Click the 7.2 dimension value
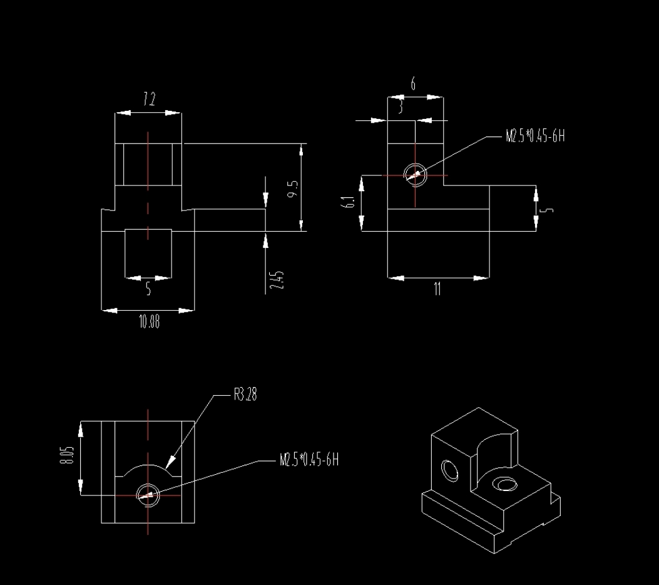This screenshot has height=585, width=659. pyautogui.click(x=149, y=99)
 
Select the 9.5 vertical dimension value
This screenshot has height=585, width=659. pyautogui.click(x=293, y=188)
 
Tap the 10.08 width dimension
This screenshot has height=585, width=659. pyautogui.click(x=149, y=323)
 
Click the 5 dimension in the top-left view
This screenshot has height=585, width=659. pyautogui.click(x=148, y=289)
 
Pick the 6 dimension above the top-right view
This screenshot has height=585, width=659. pyautogui.click(x=413, y=84)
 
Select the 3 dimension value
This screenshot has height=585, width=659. pyautogui.click(x=400, y=108)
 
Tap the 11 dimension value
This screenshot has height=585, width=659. pyautogui.click(x=437, y=289)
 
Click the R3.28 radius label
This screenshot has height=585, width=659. pyautogui.click(x=245, y=395)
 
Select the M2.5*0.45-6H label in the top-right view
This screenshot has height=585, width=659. pyautogui.click(x=535, y=137)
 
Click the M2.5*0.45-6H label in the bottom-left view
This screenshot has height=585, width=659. pyautogui.click(x=309, y=461)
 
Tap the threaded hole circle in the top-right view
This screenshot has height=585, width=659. pyautogui.click(x=415, y=175)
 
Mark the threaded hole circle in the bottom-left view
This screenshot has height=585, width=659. pyautogui.click(x=148, y=495)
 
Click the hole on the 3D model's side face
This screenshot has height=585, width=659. pyautogui.click(x=449, y=470)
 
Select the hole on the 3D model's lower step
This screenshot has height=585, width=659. pyautogui.click(x=504, y=484)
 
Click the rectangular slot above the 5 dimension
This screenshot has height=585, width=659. pyautogui.click(x=148, y=252)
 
